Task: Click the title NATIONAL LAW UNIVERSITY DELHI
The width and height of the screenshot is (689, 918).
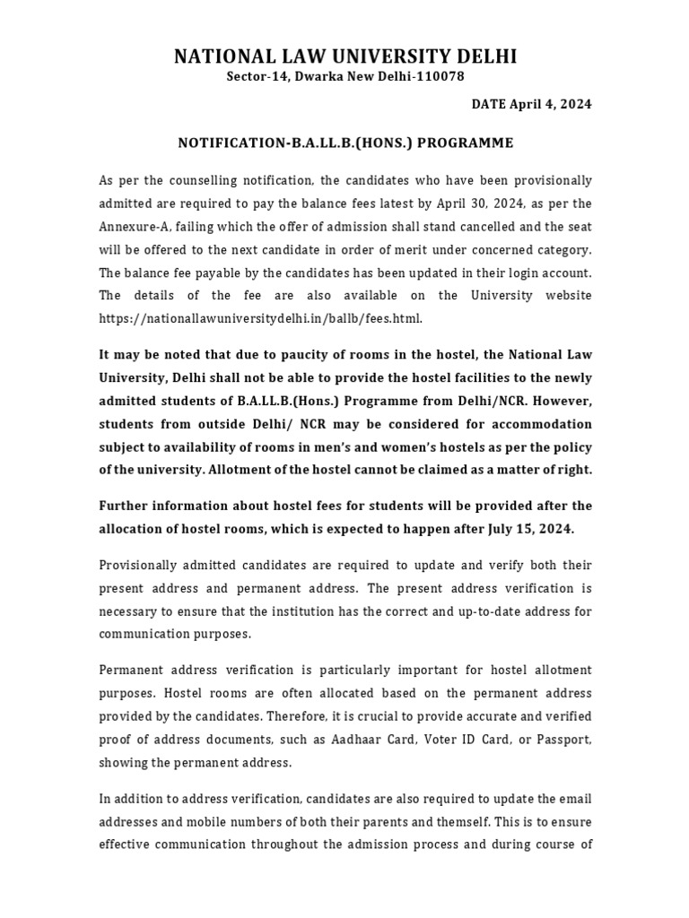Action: point(344,58)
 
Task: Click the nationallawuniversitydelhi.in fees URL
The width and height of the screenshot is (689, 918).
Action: point(259,318)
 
